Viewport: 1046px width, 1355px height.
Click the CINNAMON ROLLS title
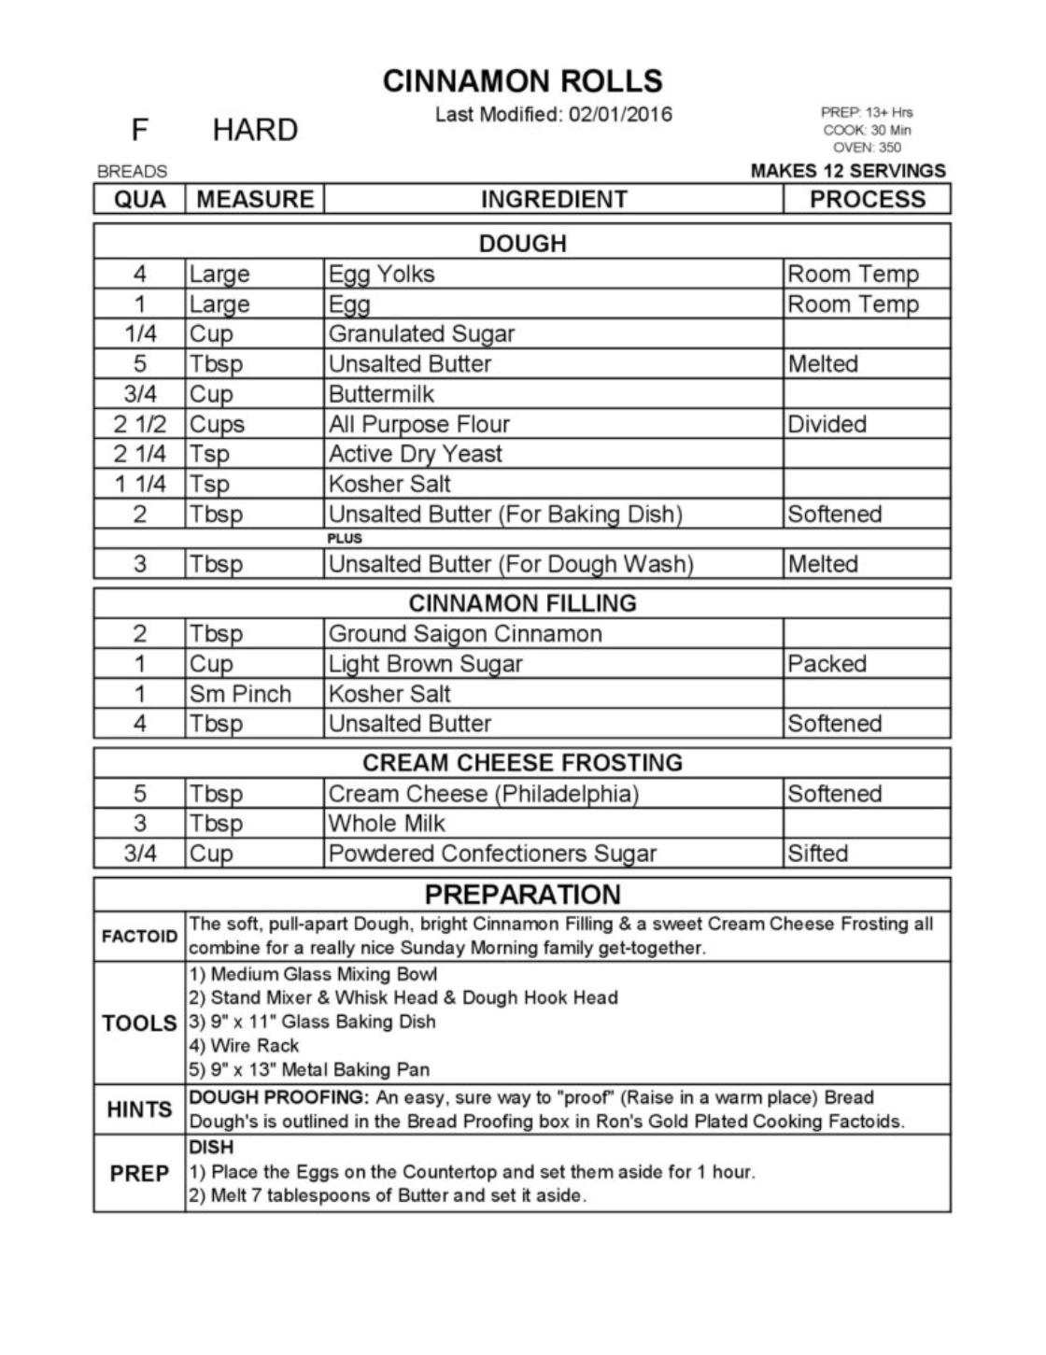coord(522,81)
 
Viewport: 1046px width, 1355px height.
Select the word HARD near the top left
coord(255,130)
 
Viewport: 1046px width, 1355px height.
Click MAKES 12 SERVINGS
coord(848,171)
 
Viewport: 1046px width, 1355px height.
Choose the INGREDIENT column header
coord(554,199)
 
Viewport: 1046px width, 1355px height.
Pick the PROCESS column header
coord(867,199)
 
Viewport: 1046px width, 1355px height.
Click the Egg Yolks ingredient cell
coord(381,274)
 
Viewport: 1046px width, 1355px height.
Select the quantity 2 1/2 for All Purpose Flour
coord(140,424)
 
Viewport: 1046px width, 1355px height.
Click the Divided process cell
coord(827,424)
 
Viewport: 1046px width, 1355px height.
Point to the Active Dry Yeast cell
coord(415,454)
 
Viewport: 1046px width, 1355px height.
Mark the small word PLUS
coord(345,539)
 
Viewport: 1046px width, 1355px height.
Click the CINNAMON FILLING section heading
coord(522,602)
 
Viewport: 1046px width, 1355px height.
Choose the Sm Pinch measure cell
coord(240,694)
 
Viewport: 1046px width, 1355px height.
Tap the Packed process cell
coord(827,664)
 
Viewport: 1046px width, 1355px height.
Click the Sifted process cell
coord(818,854)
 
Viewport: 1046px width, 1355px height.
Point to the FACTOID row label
coord(139,936)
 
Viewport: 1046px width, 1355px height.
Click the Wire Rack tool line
coord(245,1045)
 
